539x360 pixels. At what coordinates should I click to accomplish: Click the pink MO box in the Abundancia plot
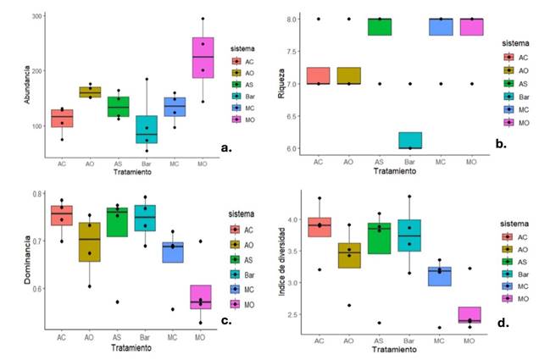tap(203, 58)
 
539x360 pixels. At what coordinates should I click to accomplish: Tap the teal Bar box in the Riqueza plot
tap(410, 140)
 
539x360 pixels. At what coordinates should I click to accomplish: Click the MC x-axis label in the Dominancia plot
tap(173, 340)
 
